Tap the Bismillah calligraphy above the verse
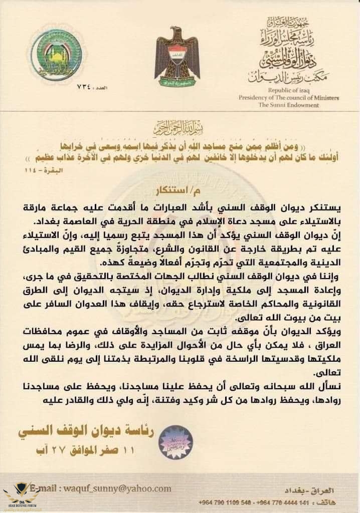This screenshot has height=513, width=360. (179, 126)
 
